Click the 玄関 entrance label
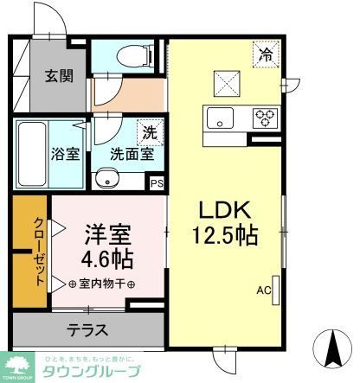pos(59,74)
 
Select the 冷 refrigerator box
pos(266,54)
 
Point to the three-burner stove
pos(264,117)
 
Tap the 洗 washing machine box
pos(150,133)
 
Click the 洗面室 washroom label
pos(132,155)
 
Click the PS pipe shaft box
pos(157,183)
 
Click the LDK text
pos(227,211)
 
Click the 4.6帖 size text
pos(108,258)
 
